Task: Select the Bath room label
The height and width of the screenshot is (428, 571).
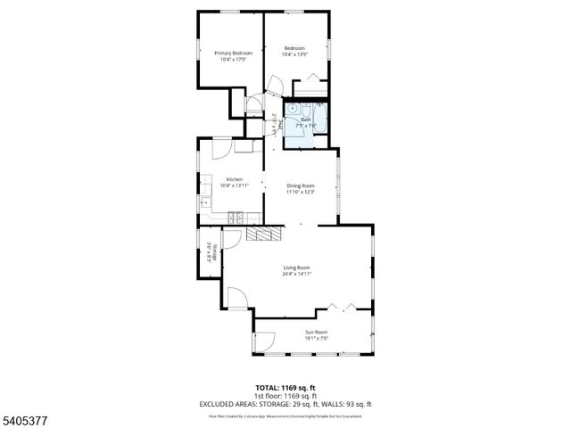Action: coord(305,119)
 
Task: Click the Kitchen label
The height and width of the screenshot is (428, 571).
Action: coord(235,178)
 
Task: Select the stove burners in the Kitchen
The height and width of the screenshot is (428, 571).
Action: coord(236,216)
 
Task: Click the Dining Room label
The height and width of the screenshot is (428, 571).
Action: coord(301,185)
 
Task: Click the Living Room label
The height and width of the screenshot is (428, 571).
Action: coord(297,267)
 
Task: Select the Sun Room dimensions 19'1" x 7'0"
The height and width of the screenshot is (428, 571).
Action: coord(317,338)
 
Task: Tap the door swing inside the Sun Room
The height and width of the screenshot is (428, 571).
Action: coord(263,342)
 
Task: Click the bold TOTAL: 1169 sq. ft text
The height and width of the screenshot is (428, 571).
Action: coord(285,387)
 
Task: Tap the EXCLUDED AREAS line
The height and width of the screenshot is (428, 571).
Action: coord(285,404)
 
